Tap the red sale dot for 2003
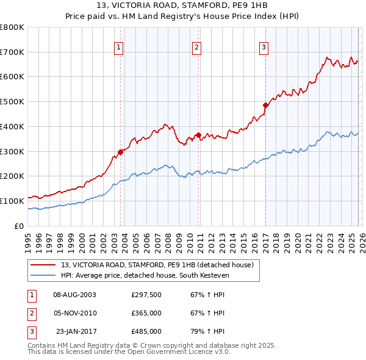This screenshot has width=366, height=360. [120, 153]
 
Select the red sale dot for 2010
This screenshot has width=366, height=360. [199, 135]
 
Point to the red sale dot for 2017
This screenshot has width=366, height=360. [265, 105]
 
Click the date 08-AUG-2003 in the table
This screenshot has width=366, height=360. [74, 295]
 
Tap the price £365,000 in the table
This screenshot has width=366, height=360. [146, 313]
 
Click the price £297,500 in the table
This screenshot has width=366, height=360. [146, 295]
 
